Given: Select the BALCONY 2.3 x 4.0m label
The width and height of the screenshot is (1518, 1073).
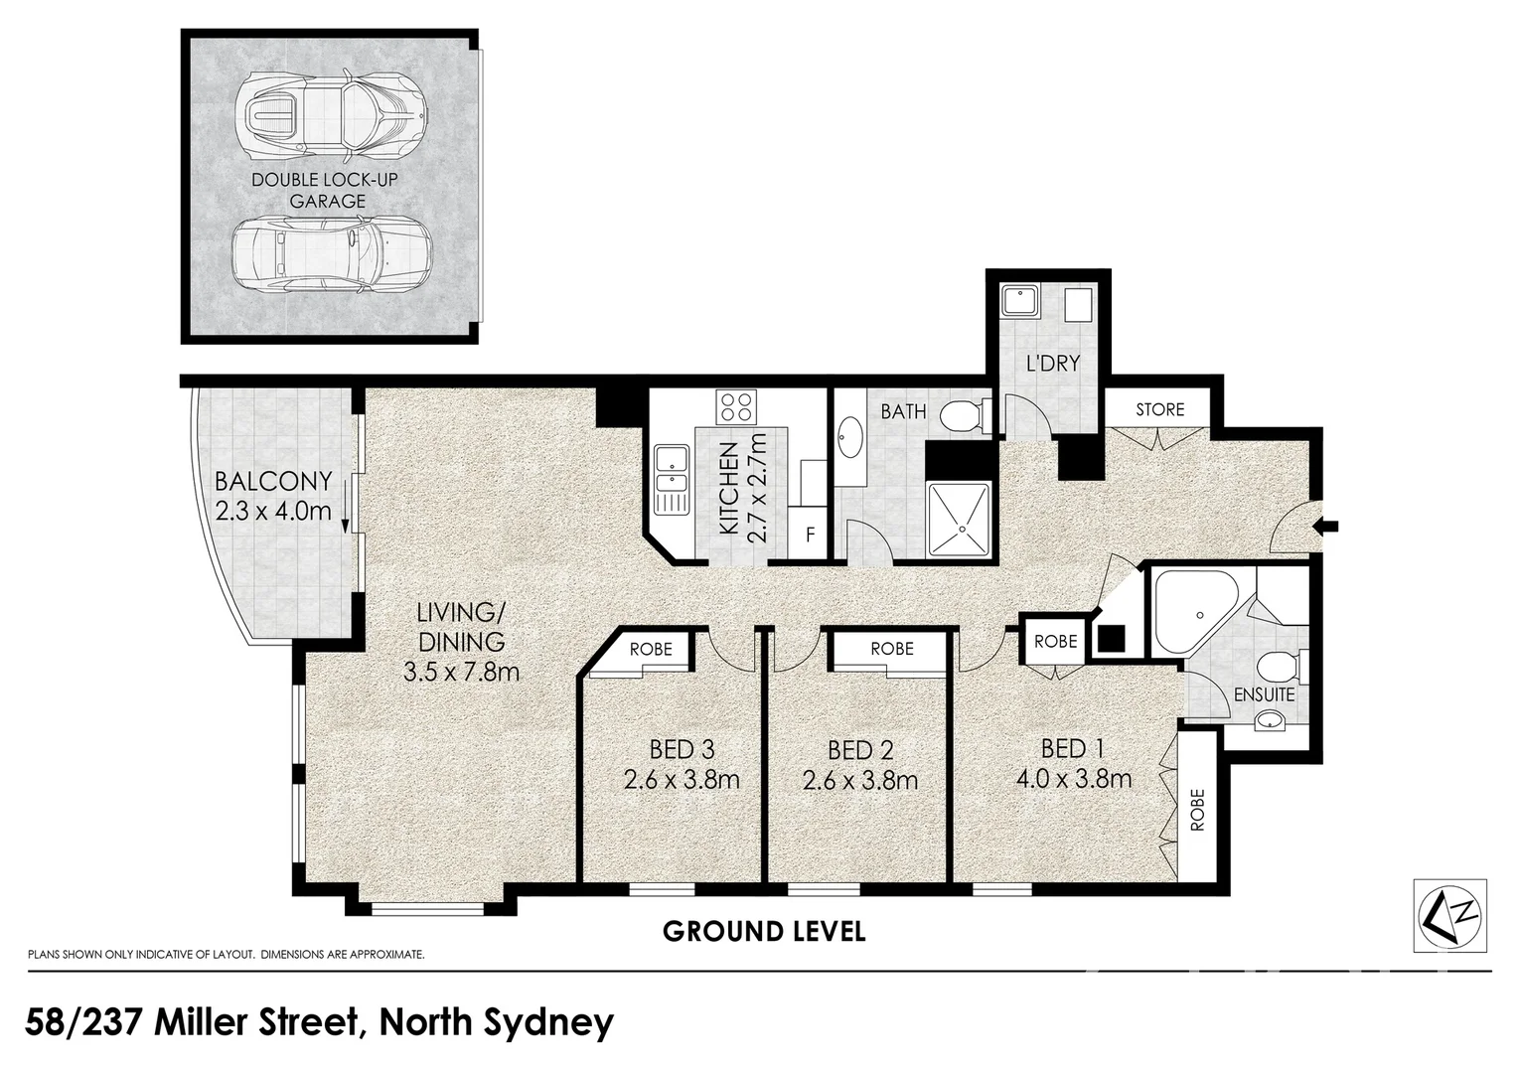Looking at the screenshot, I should (x=273, y=496).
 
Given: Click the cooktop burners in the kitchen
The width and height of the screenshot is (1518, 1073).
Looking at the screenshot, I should (x=737, y=406).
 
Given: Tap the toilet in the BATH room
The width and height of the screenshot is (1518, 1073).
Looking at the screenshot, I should (x=965, y=415).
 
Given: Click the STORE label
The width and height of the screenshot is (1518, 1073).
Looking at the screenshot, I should (x=1159, y=409).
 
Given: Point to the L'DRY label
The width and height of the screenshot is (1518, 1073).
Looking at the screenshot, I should (x=1052, y=364).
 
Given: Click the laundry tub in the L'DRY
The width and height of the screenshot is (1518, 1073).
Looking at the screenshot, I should (x=1019, y=300).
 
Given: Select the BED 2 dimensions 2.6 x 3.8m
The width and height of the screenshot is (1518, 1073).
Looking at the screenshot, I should (x=859, y=781).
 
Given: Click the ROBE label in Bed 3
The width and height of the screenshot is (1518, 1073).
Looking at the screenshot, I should (x=651, y=649).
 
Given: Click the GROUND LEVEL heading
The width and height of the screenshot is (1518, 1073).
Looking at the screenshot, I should (x=764, y=932).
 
